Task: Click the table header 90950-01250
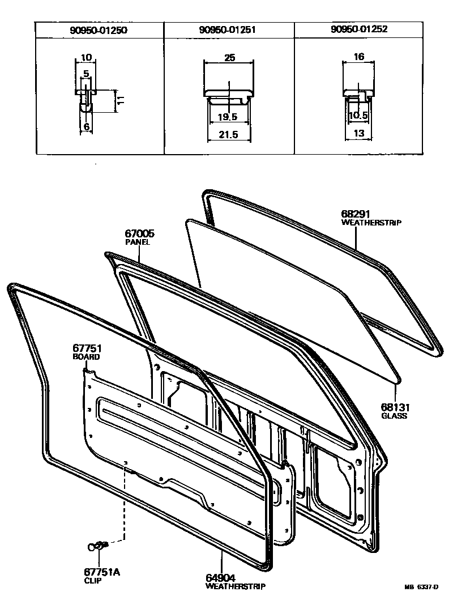coord(99,29)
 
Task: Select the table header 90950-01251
coord(228,29)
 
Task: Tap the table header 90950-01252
coord(358,29)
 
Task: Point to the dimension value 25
coord(229,57)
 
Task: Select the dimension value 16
coord(358,57)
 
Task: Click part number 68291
coord(355,214)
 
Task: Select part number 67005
coord(139,233)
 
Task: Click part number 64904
coord(220,578)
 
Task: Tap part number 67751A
coord(102,572)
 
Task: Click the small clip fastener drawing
coord(98,546)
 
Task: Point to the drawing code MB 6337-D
coord(421,588)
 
